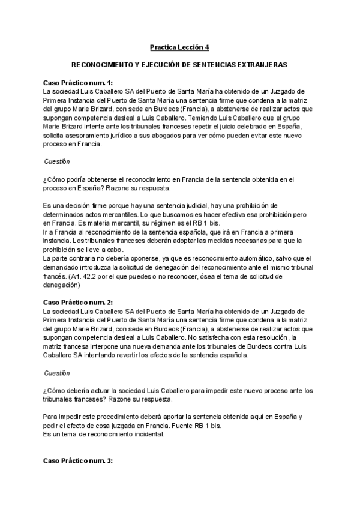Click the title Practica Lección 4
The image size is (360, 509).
tap(179, 47)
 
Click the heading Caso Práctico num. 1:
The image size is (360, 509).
tap(78, 83)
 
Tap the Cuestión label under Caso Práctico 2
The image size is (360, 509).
tap(57, 373)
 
